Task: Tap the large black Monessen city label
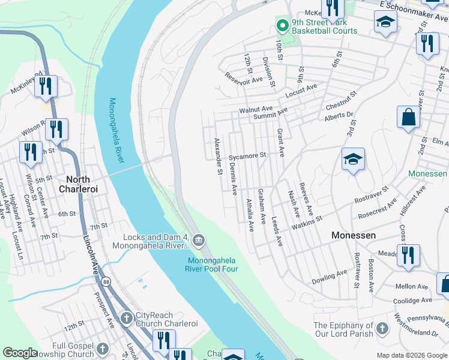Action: tap(354, 236)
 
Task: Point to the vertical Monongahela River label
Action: tap(117, 131)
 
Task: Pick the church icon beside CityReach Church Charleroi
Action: tap(127, 317)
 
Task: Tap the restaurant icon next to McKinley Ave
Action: tap(46, 86)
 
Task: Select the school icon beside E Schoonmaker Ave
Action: tap(384, 23)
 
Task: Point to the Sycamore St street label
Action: tap(247, 155)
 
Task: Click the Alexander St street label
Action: tap(217, 157)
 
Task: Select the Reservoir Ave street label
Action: tap(244, 79)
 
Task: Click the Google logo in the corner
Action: tap(20, 353)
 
